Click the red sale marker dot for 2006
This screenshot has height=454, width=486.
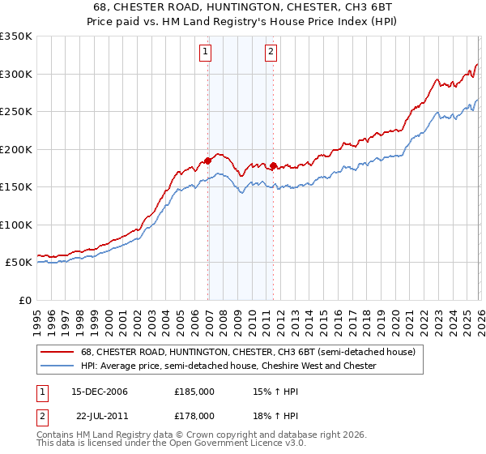[208, 161]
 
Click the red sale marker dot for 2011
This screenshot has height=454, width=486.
[274, 166]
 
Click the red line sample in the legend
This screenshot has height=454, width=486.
[57, 353]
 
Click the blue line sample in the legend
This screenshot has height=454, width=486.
[57, 366]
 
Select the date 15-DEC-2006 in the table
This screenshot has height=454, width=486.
[100, 391]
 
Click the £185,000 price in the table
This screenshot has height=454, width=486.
[194, 391]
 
